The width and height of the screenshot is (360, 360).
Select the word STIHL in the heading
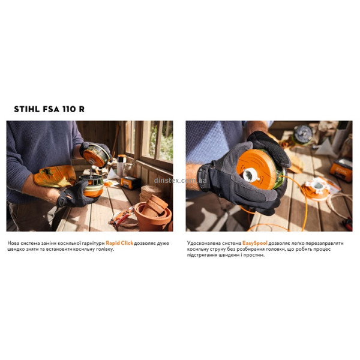point(26,109)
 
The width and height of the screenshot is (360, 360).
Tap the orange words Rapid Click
point(119,243)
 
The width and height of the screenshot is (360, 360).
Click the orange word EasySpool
point(255,243)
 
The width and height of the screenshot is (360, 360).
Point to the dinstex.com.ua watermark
point(180,180)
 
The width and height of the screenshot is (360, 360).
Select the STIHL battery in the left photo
point(130,183)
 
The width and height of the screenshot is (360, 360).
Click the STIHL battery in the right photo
point(341,170)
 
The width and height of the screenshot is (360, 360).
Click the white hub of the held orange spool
point(251,175)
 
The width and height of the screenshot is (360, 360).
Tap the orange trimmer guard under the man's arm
point(55,176)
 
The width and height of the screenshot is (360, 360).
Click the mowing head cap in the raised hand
point(96,155)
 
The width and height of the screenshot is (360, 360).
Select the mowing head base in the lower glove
point(92,186)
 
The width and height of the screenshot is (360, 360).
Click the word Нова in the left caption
point(13,243)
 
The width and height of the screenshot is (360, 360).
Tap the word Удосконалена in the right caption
point(203,243)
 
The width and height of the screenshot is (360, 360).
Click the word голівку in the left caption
point(104,250)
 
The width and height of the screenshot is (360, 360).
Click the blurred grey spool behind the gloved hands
point(304,134)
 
